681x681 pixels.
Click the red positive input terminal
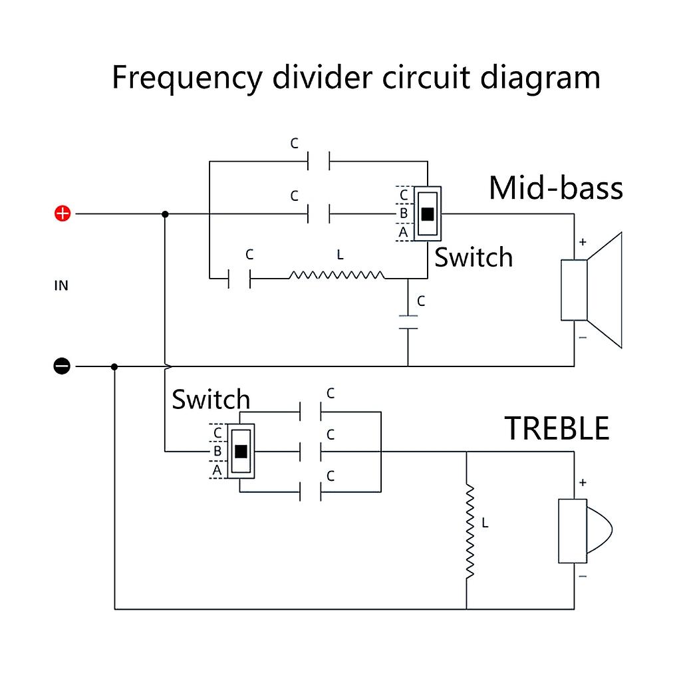(x=62, y=213)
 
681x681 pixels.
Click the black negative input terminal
(x=62, y=366)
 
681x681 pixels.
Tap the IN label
(x=61, y=286)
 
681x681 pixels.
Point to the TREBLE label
(x=557, y=428)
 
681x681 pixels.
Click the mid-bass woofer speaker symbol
(x=591, y=290)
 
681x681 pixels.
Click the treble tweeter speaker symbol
(x=583, y=531)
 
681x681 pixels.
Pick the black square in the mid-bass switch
(x=427, y=213)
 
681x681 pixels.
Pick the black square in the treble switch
(x=241, y=451)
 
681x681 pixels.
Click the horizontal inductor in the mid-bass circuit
(x=337, y=275)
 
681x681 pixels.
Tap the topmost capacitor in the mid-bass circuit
(x=319, y=160)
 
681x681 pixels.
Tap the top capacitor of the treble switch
(x=311, y=412)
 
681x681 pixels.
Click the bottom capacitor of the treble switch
(x=311, y=492)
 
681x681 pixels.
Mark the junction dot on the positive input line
(x=165, y=213)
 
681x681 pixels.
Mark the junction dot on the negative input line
(x=114, y=366)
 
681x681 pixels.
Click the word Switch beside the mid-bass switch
(x=474, y=257)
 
